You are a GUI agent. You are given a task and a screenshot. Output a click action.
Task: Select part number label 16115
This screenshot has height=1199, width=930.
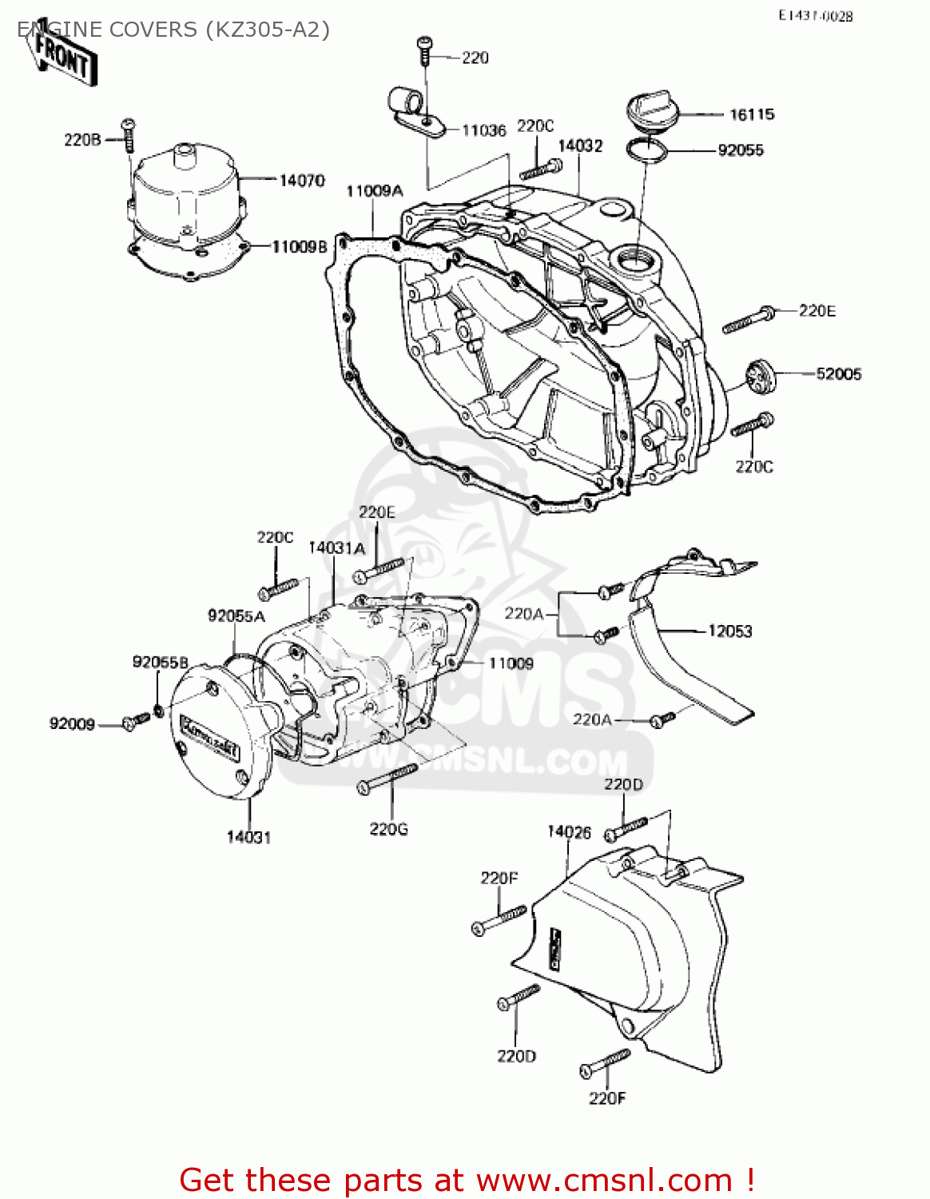(751, 114)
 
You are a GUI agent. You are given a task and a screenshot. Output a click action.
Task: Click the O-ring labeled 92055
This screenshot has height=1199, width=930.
(646, 149)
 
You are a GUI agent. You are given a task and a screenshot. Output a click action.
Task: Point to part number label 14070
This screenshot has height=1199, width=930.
(301, 181)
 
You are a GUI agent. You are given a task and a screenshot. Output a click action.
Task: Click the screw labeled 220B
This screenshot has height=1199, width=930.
(128, 136)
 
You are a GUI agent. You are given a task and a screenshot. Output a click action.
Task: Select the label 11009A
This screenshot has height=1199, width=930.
(374, 191)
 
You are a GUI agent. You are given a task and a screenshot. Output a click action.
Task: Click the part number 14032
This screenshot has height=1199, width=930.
(580, 145)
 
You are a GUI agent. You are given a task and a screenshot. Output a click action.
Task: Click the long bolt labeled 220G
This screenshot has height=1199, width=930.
(387, 778)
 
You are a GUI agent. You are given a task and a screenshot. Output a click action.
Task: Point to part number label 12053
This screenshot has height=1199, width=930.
(729, 631)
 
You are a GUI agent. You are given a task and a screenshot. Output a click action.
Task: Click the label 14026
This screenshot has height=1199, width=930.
(569, 832)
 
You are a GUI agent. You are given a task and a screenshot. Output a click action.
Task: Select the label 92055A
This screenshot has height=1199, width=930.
(236, 615)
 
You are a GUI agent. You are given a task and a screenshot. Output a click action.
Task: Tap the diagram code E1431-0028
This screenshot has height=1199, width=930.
(815, 15)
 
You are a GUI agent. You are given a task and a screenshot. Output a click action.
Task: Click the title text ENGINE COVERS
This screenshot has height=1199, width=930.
(107, 30)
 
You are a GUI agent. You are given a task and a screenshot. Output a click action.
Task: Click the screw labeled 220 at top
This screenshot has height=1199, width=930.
(424, 50)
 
